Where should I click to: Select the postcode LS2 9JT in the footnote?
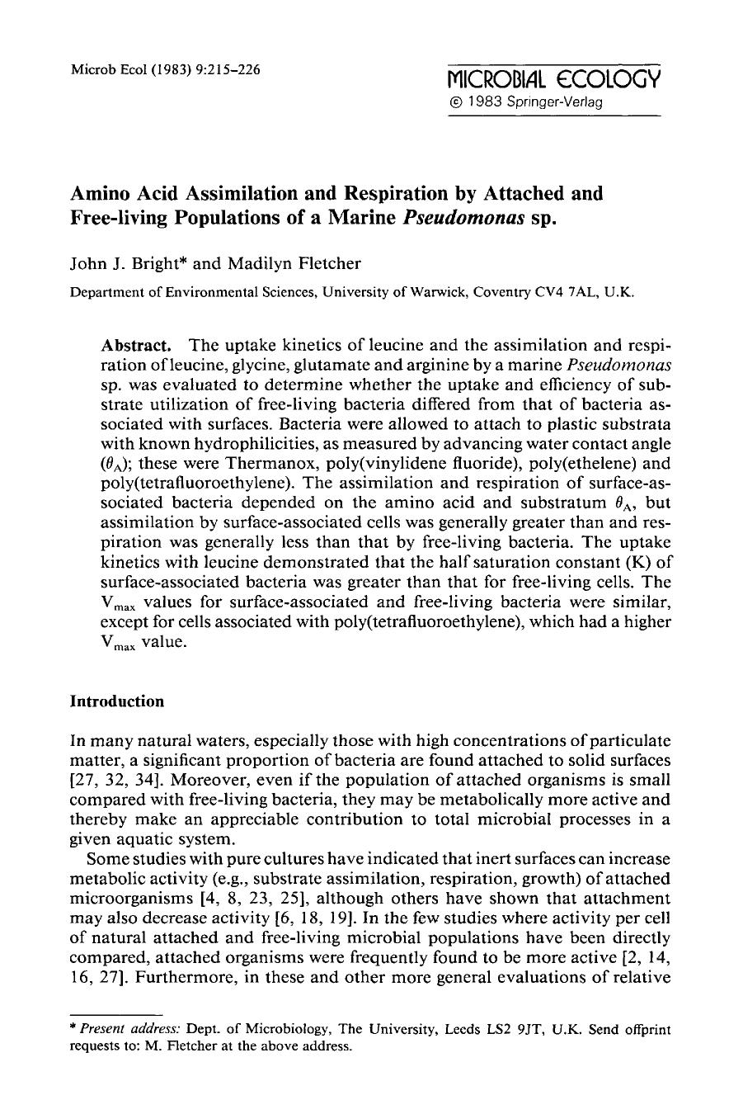pyautogui.click(x=518, y=1029)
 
